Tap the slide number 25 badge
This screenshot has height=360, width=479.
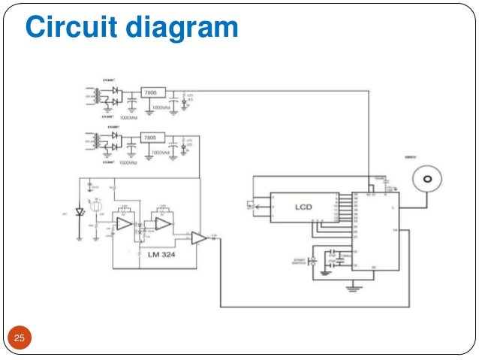(x=20, y=340)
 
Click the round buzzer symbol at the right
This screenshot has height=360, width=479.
(x=428, y=181)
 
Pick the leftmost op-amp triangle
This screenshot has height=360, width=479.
(x=124, y=224)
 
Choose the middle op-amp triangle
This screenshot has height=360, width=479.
(x=163, y=222)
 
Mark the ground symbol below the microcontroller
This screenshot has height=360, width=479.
(x=350, y=287)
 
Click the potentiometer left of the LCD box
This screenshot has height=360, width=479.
(x=259, y=204)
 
